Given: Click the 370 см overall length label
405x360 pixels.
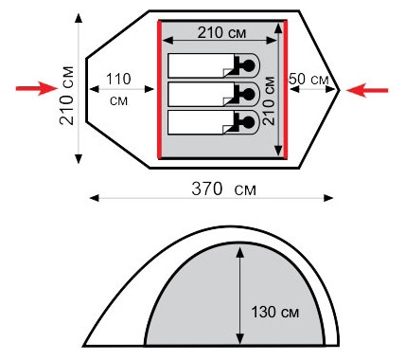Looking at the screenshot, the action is (x=223, y=189).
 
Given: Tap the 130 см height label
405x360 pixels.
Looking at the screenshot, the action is (x=275, y=313).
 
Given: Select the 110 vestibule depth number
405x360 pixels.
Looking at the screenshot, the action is (x=118, y=79).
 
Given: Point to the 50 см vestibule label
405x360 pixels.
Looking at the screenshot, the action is (x=308, y=79).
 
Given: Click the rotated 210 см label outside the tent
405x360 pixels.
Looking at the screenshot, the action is (x=67, y=96).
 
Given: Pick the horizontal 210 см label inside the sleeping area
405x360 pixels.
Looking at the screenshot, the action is (x=221, y=32).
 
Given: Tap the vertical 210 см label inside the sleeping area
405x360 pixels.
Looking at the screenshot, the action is (x=269, y=101).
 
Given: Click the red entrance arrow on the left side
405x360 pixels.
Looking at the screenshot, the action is (x=36, y=88).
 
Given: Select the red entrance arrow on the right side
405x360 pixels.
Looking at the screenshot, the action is (x=367, y=90).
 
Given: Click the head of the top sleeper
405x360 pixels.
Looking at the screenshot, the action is (x=249, y=65).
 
